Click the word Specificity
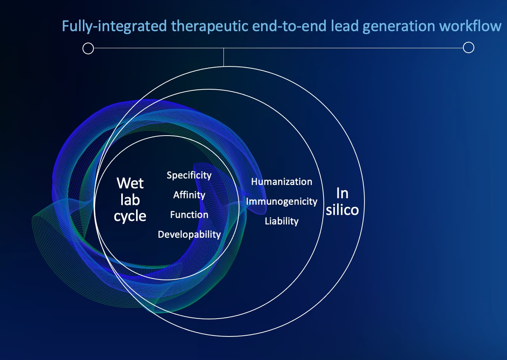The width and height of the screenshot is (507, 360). click(189, 175)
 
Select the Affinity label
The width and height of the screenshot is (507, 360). click(189, 195)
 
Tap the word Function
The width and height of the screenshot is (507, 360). click(189, 215)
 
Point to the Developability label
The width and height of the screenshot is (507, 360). click(189, 234)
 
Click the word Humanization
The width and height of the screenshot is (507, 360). click(281, 182)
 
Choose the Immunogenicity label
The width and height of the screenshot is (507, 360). click(281, 201)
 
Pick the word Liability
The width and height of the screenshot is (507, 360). click(281, 221)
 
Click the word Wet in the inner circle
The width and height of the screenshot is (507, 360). click(130, 183)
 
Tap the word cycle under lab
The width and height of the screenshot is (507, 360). click(130, 216)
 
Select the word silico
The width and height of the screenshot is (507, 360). click(342, 210)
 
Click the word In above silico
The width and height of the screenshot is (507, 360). click(342, 193)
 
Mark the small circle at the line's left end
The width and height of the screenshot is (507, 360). click(88, 49)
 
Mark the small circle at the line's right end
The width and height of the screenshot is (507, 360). click(469, 47)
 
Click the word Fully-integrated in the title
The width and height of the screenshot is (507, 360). click(114, 26)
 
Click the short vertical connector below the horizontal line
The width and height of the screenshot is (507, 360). click(223, 57)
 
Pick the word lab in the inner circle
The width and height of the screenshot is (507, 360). click(130, 200)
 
